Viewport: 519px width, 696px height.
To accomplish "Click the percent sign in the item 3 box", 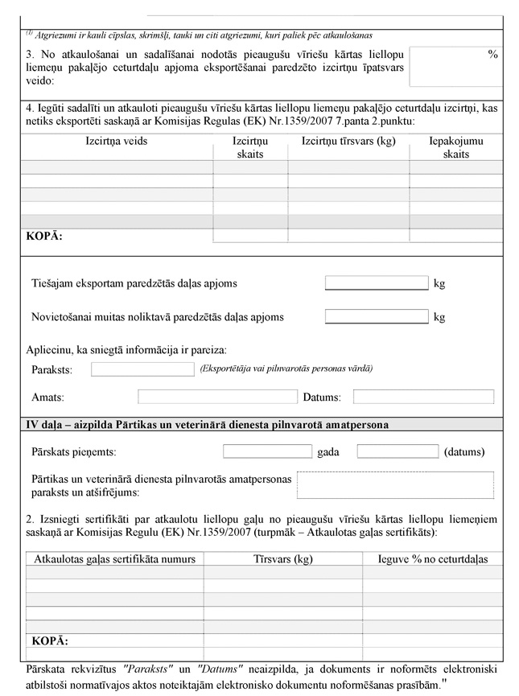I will click(492, 54).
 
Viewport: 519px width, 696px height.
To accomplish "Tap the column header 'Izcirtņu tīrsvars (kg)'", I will click(348, 141).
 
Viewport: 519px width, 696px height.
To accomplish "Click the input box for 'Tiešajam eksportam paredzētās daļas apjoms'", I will click(376, 283).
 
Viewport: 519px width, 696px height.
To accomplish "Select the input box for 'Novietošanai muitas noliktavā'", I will click(376, 317).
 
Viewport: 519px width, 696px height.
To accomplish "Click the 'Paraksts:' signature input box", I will click(142, 369).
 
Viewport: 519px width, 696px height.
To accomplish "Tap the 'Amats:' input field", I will click(217, 397).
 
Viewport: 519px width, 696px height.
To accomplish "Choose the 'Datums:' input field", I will click(423, 397).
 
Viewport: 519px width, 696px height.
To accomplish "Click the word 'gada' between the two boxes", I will click(328, 452).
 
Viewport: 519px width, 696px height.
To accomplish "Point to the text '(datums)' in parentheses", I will click(464, 452).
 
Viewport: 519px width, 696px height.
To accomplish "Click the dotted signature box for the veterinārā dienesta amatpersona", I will click(395, 485).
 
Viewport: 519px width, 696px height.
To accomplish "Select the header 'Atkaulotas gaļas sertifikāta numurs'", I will click(115, 558).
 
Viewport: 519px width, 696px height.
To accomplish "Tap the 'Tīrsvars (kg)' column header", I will click(282, 558).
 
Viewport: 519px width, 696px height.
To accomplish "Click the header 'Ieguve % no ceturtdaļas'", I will click(432, 558).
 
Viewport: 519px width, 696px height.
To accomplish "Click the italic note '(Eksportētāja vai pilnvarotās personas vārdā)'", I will click(285, 369).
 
